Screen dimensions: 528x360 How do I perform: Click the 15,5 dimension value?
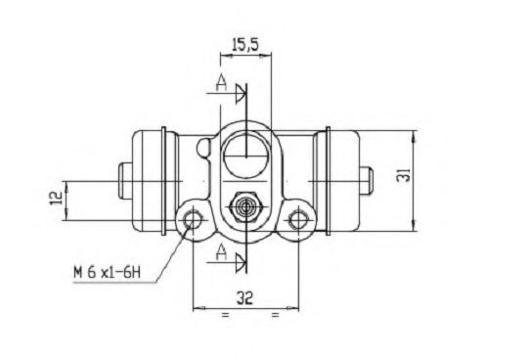pos(245,44)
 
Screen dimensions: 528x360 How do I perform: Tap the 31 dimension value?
pos(404,174)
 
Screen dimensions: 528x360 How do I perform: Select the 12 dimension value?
pos(57,198)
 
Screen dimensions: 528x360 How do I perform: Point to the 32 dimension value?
pos(244,297)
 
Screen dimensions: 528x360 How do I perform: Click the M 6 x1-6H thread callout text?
pos(107,272)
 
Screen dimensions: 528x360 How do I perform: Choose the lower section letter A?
pos(221,252)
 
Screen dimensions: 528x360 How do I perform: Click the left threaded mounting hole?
pos(193,220)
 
